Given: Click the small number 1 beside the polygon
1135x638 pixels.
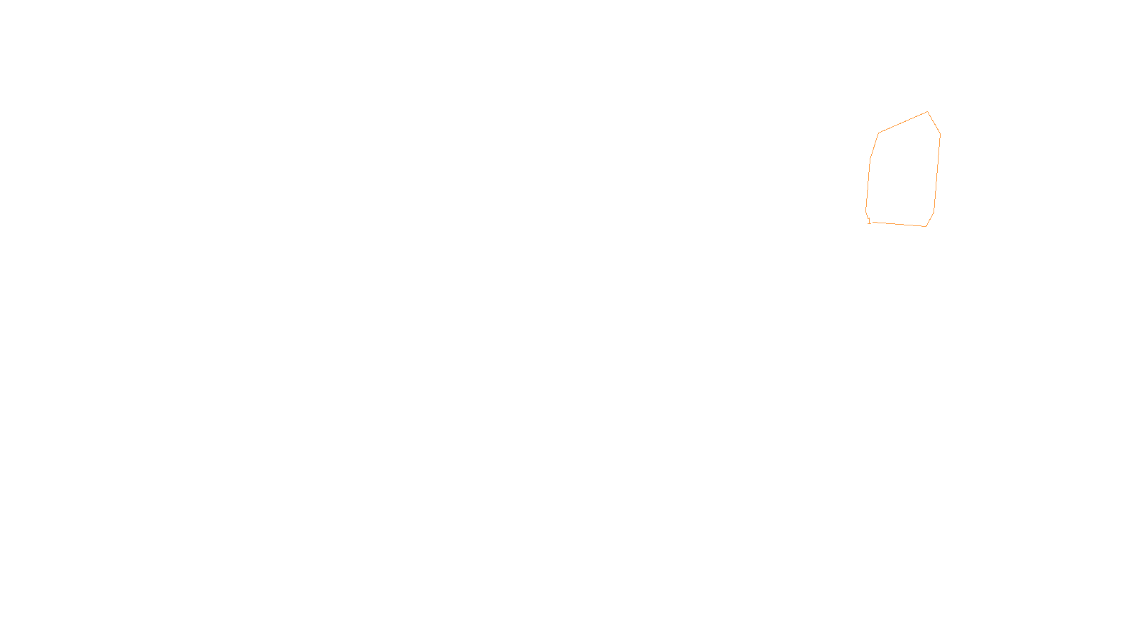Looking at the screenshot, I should [x=869, y=221].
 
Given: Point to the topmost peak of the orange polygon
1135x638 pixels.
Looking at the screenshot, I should [x=927, y=112].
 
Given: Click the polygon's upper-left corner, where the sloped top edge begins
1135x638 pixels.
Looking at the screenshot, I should [x=879, y=133].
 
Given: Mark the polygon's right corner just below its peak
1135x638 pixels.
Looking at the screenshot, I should [x=940, y=133].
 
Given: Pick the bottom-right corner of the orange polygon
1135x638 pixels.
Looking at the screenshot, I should [x=926, y=226].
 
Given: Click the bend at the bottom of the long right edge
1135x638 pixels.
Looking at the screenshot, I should [x=934, y=212].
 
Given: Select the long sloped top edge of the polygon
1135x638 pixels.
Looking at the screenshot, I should [x=903, y=123].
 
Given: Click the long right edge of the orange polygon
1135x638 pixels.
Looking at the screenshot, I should [x=937, y=173].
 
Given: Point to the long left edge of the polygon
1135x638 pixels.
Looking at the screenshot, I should [x=868, y=184].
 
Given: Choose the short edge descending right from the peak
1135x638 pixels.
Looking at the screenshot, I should [x=934, y=123].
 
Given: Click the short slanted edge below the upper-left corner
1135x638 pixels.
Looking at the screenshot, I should [x=875, y=146].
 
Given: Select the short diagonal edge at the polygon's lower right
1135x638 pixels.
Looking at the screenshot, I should [x=930, y=219].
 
